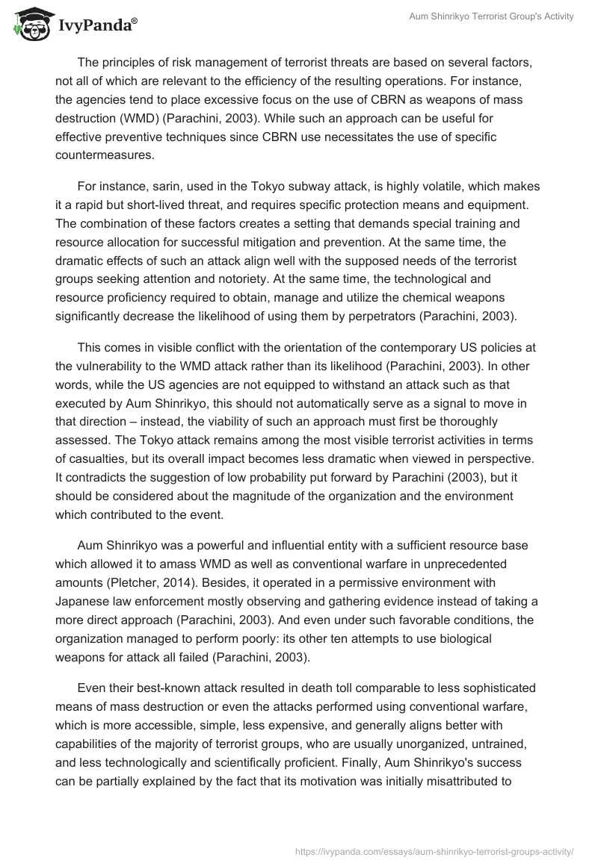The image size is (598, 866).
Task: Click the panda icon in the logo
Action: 31,25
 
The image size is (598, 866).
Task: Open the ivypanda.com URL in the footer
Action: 435,850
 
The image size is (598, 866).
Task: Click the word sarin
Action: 163,186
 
